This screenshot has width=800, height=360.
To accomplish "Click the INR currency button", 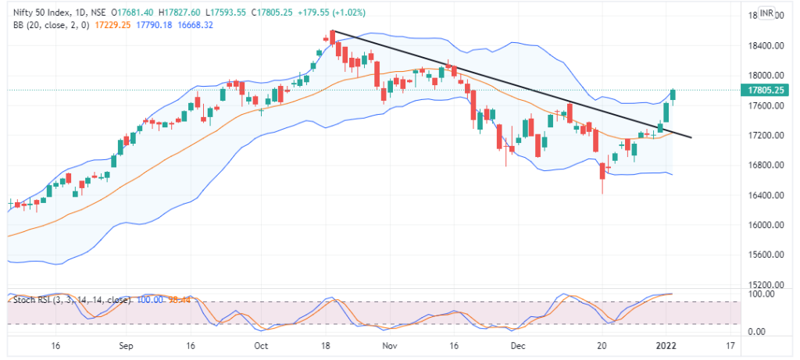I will [767, 12].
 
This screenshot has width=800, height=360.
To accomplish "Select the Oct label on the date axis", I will [262, 344].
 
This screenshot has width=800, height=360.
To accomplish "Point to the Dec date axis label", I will [516, 344].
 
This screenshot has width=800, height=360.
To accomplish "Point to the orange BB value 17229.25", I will [114, 25].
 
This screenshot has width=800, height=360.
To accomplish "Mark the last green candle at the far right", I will [673, 96].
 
